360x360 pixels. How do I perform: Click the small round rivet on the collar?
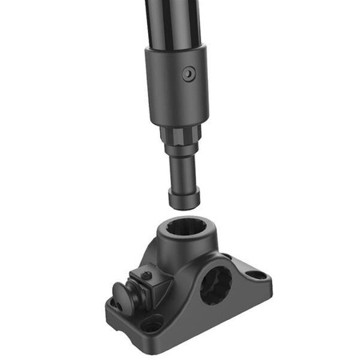coord(187,73)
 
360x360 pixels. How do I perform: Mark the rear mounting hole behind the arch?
coord(226,256)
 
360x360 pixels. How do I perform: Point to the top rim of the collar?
coord(173,50)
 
